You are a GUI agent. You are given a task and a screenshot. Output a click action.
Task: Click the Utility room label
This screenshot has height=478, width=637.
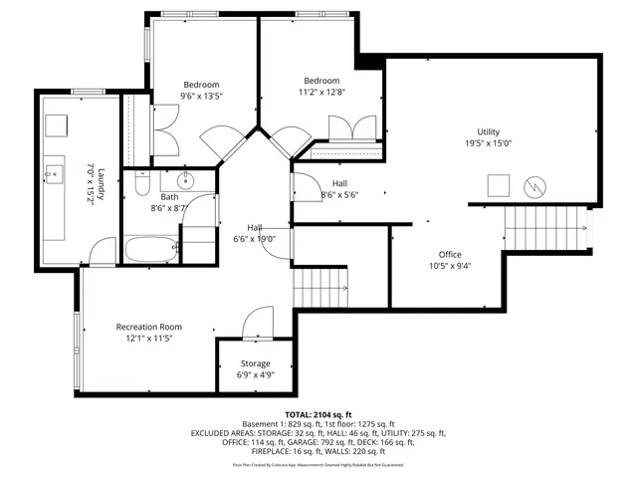(x=488, y=131)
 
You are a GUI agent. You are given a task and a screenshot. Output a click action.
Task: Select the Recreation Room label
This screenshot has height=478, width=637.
(x=149, y=327)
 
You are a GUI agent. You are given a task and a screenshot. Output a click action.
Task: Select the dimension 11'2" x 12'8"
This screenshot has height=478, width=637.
(x=321, y=94)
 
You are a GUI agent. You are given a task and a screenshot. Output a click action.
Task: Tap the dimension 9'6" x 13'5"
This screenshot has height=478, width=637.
(x=201, y=97)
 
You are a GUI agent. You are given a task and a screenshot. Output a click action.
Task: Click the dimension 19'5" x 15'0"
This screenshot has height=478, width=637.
(x=488, y=142)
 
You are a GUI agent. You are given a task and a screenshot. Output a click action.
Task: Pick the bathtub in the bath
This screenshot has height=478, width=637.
(x=151, y=249)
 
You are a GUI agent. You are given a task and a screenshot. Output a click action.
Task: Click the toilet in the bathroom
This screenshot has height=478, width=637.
(x=141, y=185)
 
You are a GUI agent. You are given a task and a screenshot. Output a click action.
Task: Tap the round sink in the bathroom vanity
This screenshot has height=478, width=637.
(x=185, y=181)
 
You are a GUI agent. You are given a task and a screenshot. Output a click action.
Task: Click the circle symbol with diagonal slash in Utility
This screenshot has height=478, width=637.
(x=533, y=185)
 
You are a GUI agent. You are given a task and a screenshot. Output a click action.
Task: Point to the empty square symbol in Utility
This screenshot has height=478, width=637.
(x=497, y=185)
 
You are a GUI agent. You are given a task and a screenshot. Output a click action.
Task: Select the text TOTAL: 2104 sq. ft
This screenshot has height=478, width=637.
(x=318, y=413)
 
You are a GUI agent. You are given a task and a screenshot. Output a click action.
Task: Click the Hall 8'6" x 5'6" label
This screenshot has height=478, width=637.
(x=339, y=189)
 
